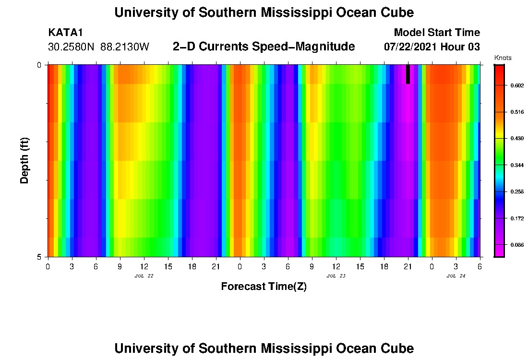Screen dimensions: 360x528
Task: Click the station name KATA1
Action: [66, 33]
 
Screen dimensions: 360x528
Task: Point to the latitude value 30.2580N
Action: [72, 47]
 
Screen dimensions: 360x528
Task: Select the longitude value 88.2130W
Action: [125, 47]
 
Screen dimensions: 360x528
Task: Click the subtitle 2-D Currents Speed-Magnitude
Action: [264, 47]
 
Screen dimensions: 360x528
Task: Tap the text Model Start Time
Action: [436, 33]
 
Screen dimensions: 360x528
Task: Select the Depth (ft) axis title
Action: [25, 160]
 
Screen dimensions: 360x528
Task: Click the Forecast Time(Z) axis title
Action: [264, 287]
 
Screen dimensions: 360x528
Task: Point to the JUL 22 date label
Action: [144, 276]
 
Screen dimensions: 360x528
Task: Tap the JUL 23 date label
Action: [336, 276]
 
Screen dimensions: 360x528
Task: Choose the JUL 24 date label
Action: [456, 276]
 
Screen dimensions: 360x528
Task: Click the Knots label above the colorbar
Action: [503, 58]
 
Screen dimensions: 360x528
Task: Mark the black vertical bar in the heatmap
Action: [408, 74]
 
